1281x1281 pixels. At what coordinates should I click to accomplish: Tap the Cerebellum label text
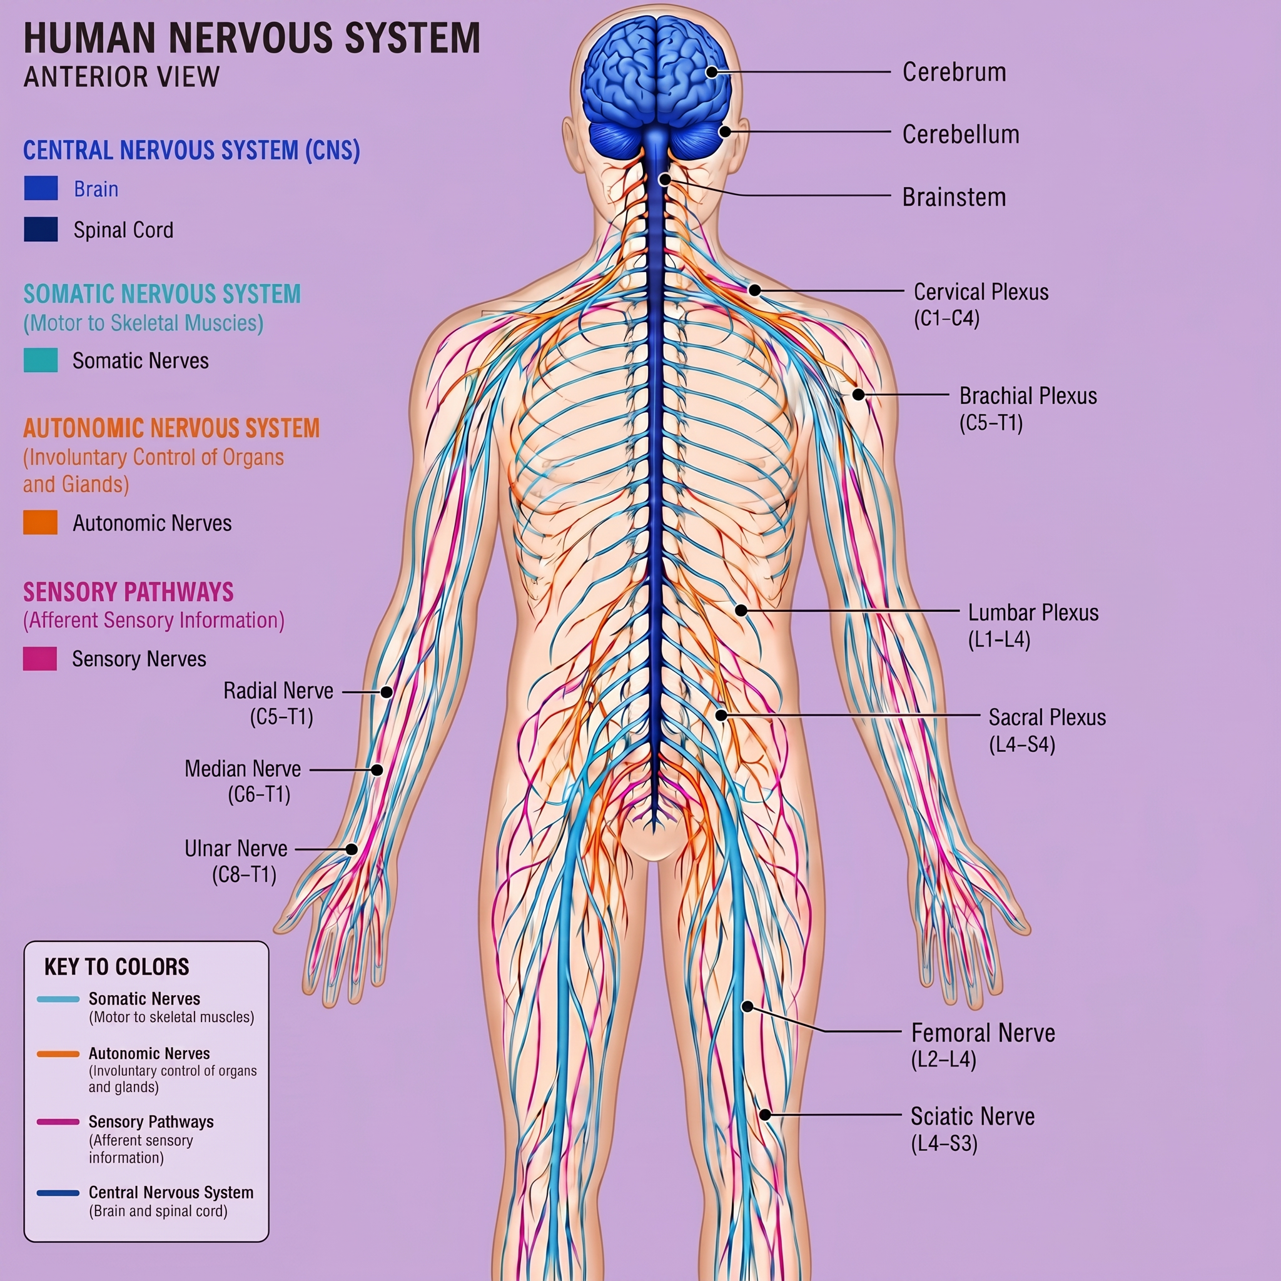coord(961,134)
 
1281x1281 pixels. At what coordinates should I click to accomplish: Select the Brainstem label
coord(954,197)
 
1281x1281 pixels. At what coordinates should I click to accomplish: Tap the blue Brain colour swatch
coord(41,188)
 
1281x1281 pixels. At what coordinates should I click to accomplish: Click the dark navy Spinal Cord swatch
coord(41,230)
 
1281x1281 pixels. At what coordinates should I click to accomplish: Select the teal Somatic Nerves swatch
coord(41,360)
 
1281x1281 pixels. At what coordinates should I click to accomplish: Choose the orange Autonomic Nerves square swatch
coord(41,522)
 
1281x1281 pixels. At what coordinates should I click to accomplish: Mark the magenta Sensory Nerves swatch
coord(40,659)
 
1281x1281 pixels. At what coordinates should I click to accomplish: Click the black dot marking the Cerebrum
coord(711,71)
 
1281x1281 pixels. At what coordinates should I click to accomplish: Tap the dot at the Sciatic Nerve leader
coord(764,1115)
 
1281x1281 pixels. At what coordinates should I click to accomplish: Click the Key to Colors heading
coord(117,967)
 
